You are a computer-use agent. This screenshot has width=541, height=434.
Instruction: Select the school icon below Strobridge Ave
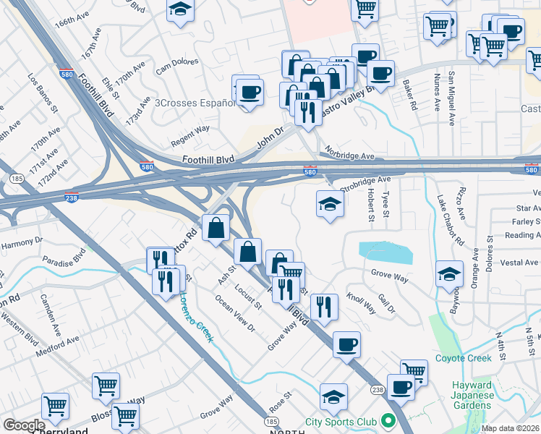tap(329, 204)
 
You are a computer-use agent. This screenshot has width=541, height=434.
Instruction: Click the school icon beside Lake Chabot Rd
tap(449, 274)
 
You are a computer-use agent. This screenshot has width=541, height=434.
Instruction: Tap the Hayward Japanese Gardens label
tap(472, 395)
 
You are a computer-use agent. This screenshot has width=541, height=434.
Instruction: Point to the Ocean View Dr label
tap(235, 312)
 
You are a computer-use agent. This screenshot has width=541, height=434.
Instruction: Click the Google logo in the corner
tap(23, 425)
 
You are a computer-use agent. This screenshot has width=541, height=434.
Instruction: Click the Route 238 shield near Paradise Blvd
tap(72, 197)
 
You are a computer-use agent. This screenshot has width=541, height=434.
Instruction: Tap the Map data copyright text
tap(511, 428)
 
